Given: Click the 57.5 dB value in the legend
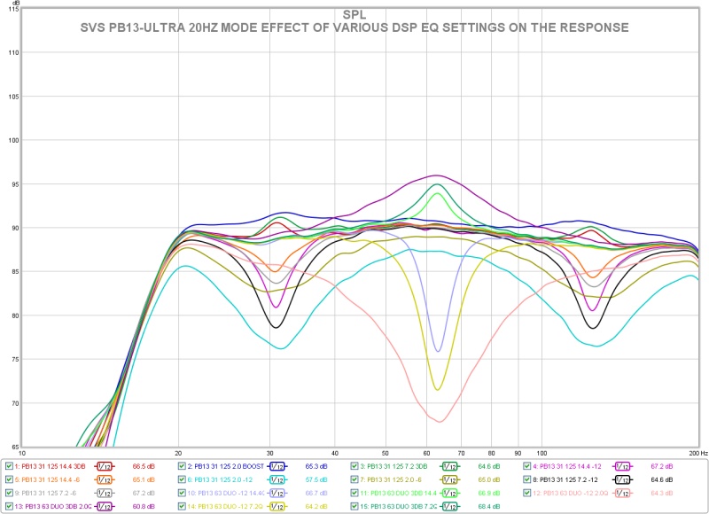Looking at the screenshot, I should (316, 479).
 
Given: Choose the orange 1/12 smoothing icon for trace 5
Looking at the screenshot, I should (103, 479).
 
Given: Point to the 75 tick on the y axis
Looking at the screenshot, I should (13, 359).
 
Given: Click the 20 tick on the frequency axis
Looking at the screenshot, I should (179, 452).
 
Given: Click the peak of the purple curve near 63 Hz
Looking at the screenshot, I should (436, 175).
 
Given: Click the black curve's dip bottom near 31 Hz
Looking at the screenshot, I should (277, 328).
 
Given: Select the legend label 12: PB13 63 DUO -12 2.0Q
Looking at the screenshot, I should (575, 493).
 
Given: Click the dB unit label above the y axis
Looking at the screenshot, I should (16, 4).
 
